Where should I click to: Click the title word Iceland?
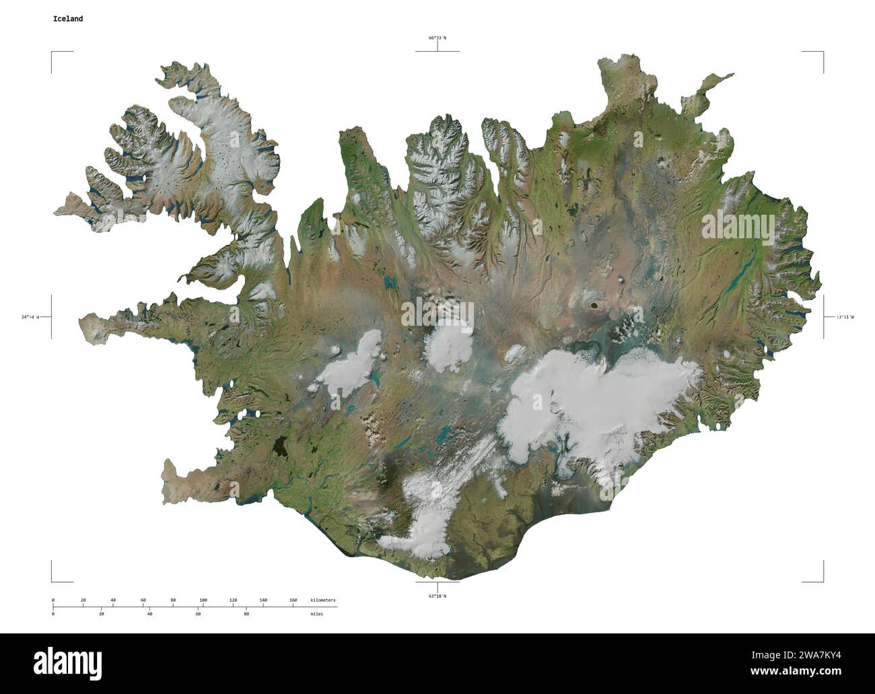point(68,19)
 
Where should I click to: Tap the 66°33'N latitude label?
point(438,38)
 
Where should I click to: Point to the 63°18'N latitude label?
point(438,596)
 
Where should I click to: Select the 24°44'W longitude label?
point(30,316)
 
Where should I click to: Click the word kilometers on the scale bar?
point(323,599)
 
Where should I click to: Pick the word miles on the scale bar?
point(316,614)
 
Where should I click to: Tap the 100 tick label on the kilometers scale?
point(203,599)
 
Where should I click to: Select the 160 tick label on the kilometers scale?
point(293,599)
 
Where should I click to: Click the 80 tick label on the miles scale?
point(246,614)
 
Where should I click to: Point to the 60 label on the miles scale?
point(198,614)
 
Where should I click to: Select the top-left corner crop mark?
point(53,53)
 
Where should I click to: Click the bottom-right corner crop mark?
point(821,580)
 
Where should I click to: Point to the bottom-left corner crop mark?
point(53,580)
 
